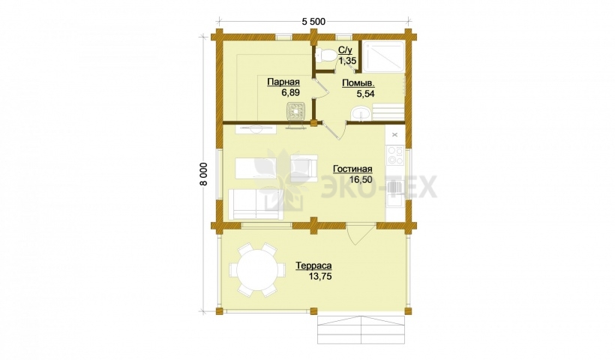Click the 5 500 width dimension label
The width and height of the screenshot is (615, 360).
(x=313, y=22)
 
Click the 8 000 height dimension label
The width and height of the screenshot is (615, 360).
(x=207, y=175)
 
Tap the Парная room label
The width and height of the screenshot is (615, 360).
(x=283, y=82)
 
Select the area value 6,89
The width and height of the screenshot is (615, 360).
(x=290, y=92)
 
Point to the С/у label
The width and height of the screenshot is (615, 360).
(x=346, y=50)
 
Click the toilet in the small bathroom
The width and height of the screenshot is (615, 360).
(x=324, y=55)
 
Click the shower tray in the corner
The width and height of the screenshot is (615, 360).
(x=383, y=56)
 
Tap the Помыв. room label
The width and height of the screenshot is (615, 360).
(x=358, y=83)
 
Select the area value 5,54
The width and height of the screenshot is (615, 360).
(x=365, y=94)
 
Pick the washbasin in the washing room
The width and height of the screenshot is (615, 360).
(x=361, y=114)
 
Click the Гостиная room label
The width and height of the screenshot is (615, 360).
(x=352, y=169)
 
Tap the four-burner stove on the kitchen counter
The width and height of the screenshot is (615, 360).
(x=395, y=155)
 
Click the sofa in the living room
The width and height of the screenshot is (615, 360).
(x=255, y=204)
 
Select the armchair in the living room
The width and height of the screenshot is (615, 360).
(x=304, y=167)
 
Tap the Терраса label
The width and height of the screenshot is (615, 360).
(x=313, y=265)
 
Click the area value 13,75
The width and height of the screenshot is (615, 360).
(x=320, y=277)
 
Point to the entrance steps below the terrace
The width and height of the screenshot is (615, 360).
(x=361, y=329)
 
